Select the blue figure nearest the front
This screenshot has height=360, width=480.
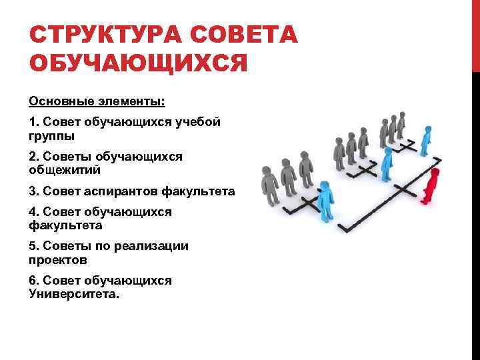coord(325,202)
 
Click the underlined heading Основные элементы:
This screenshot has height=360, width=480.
coord(97,103)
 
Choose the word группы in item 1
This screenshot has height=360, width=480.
coord(52,135)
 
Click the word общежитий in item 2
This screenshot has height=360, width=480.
coord(65,170)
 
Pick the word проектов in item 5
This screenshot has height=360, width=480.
coord(58,260)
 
